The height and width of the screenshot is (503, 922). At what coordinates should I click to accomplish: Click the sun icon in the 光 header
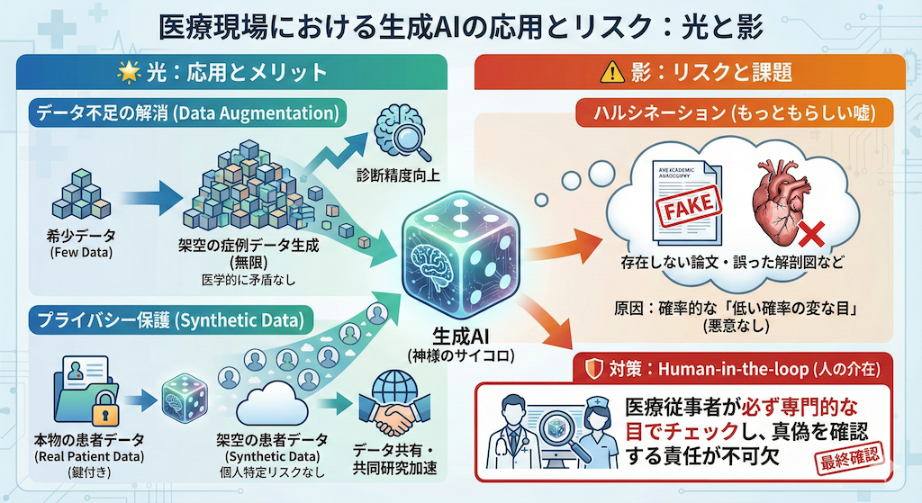(123, 72)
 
